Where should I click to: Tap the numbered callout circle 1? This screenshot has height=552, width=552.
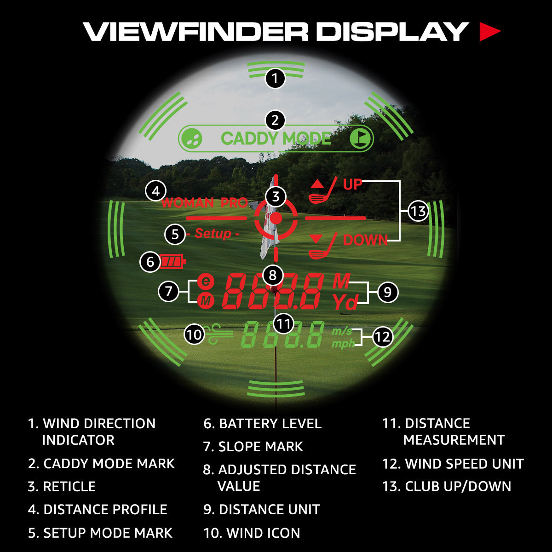tap(275, 79)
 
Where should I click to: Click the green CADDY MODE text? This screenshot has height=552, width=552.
tap(276, 138)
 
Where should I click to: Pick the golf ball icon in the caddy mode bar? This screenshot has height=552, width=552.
tap(191, 138)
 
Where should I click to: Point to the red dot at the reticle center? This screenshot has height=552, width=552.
tap(276, 218)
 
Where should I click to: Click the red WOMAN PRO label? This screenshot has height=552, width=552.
tap(205, 203)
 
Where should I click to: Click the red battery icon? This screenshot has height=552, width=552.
tap(173, 262)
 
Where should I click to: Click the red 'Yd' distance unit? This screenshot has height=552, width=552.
tap(345, 302)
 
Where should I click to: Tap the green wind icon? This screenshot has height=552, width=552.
tap(219, 334)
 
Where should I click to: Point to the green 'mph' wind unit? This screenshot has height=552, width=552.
tap(343, 344)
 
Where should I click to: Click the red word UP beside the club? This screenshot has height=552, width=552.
tap(353, 184)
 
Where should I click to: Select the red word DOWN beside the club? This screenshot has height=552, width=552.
tap(365, 240)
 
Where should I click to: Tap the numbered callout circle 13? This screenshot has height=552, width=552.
tap(418, 212)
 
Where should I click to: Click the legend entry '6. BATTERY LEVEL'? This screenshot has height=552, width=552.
tap(262, 424)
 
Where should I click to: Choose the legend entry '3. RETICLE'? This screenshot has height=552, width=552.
tap(62, 487)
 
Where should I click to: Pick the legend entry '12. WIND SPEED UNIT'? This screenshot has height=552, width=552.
tap(453, 464)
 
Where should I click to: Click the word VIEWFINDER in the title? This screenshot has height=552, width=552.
tap(195, 32)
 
